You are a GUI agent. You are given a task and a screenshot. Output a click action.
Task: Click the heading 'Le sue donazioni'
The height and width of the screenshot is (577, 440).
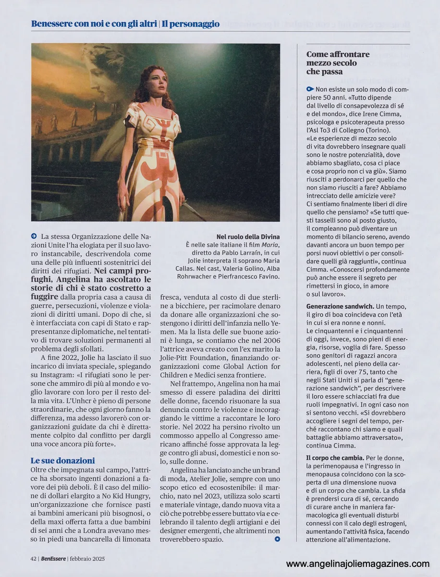tap(63, 460)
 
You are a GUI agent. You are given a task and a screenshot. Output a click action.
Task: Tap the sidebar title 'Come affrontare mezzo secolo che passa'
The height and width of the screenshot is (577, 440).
tap(331, 63)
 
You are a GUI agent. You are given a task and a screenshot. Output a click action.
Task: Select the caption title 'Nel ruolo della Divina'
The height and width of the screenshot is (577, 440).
tap(248, 237)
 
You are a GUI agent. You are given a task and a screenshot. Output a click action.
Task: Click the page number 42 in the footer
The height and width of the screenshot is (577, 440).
tap(34, 558)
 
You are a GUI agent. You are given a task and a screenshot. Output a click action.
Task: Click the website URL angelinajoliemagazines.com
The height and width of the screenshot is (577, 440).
tap(357, 564)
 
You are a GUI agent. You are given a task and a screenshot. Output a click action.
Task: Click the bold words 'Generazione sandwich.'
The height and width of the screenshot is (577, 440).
tap(340, 306)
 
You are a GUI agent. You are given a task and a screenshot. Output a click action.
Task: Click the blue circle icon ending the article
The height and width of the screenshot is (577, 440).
tap(277, 539)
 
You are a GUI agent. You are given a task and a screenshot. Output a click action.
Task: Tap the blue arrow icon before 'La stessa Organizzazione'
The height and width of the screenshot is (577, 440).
tap(34, 236)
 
